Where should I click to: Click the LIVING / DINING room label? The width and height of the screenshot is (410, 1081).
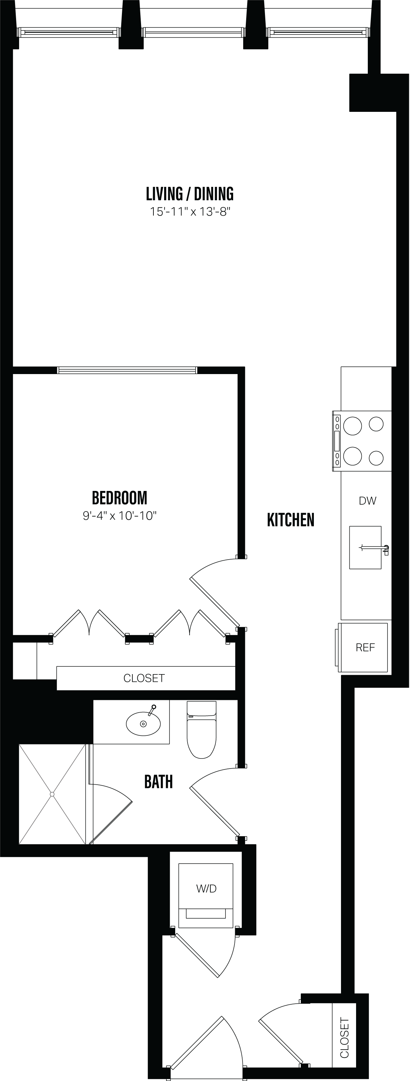tap(190, 194)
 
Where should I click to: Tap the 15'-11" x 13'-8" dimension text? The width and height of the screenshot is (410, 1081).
tap(191, 212)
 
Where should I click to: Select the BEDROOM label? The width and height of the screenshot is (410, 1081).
tap(120, 498)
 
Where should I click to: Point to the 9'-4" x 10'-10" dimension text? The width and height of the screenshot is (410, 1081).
tap(120, 516)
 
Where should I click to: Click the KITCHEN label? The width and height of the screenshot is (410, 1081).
tap(290, 520)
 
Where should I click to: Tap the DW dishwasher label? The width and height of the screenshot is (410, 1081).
tap(367, 501)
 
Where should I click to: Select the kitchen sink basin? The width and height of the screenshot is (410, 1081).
tap(365, 548)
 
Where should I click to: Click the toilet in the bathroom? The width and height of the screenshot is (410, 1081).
tap(201, 731)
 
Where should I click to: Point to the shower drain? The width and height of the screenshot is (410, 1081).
tap(52, 794)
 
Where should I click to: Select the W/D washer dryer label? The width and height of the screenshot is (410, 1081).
tap(206, 888)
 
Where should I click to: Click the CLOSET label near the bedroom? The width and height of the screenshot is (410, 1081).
tap(144, 678)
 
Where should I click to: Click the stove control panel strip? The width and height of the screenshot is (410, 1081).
tap(337, 441)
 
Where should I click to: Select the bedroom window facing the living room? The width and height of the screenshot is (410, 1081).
tap(127, 370)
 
